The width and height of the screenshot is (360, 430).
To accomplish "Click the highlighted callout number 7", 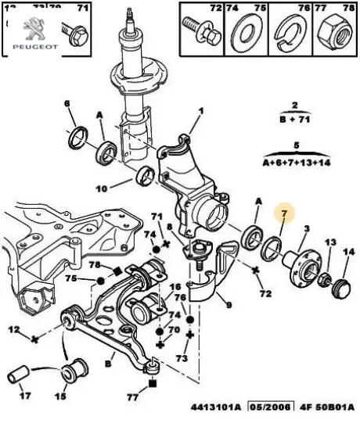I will pyautogui.click(x=285, y=213).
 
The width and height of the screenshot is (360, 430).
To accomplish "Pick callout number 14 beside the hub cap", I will pyautogui.click(x=348, y=252).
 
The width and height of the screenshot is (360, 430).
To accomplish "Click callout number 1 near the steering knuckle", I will pyautogui.click(x=200, y=110).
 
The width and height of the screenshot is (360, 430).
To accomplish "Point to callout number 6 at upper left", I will pyautogui.click(x=67, y=103).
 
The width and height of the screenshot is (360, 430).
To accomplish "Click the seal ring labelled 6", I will pyautogui.click(x=78, y=138).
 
